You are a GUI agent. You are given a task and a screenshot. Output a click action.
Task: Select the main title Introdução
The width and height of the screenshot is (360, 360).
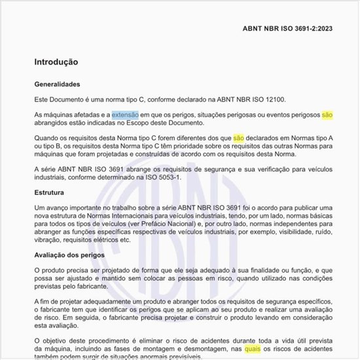(x=56, y=62)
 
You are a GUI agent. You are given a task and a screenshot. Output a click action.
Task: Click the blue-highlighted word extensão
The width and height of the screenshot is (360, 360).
(x=125, y=115)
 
